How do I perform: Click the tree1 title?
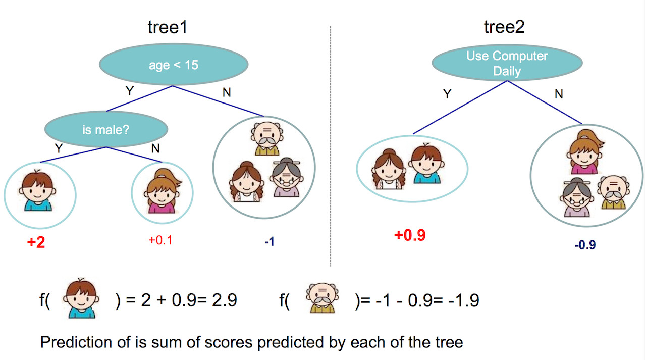click(168, 27)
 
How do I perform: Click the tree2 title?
click(504, 27)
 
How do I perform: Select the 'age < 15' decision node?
click(174, 64)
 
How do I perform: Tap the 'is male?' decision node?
click(106, 129)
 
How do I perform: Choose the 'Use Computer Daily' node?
click(507, 63)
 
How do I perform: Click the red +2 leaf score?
click(36, 242)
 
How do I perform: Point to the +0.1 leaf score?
click(160, 240)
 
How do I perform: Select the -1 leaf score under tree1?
click(270, 242)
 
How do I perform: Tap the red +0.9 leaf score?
click(410, 235)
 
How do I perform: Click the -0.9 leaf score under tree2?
click(585, 245)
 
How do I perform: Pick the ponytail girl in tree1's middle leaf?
click(162, 191)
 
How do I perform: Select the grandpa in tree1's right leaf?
click(267, 138)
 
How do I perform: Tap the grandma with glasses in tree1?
click(287, 177)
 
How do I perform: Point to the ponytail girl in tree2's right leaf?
click(585, 152)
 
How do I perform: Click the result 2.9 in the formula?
click(224, 300)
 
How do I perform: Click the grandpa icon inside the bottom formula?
click(322, 298)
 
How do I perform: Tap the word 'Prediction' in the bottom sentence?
click(76, 342)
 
